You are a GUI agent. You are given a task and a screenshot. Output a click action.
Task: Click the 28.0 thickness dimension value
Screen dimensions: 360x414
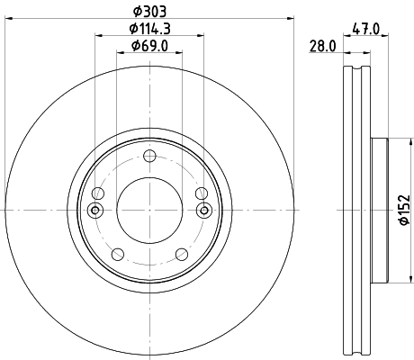coord(321,46)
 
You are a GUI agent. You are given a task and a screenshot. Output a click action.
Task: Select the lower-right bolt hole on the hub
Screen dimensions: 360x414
coord(184,255)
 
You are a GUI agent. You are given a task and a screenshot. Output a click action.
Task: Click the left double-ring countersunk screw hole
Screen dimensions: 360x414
coord(97,211)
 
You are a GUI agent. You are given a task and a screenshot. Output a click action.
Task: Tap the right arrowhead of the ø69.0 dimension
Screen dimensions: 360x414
coord(180,53)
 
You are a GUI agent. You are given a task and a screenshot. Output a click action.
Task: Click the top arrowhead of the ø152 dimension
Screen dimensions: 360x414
coord(396,144)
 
